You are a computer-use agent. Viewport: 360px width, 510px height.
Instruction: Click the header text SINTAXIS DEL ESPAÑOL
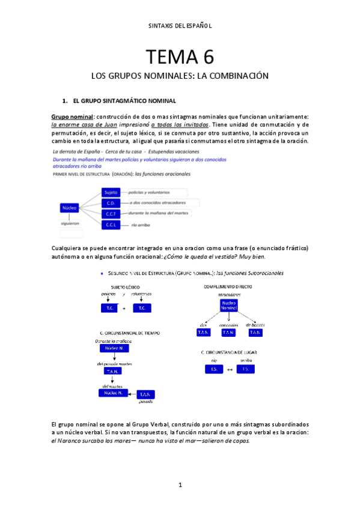(x=180, y=26)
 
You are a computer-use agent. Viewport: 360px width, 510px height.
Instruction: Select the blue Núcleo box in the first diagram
(x=69, y=208)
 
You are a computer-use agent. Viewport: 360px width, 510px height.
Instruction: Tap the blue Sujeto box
(x=111, y=192)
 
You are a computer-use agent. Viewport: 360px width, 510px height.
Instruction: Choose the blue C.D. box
(x=111, y=203)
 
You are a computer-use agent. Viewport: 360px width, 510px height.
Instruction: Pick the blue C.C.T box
(x=111, y=214)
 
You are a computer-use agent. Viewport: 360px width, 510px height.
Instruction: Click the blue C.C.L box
(x=111, y=224)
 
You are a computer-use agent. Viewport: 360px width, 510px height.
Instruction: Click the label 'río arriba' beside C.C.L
(x=140, y=225)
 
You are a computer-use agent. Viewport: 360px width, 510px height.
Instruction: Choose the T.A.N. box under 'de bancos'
(x=255, y=332)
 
